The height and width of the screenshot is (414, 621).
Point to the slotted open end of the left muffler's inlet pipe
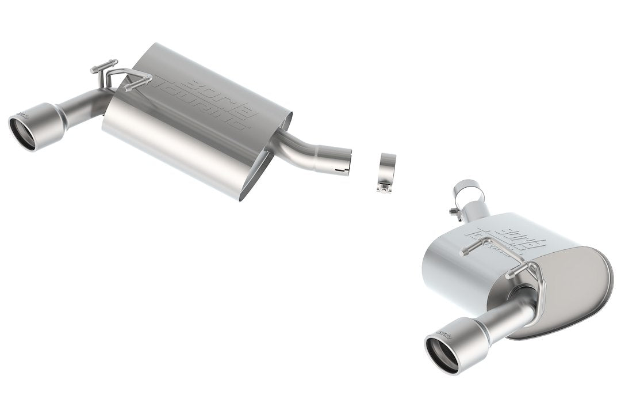coord(343,163)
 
